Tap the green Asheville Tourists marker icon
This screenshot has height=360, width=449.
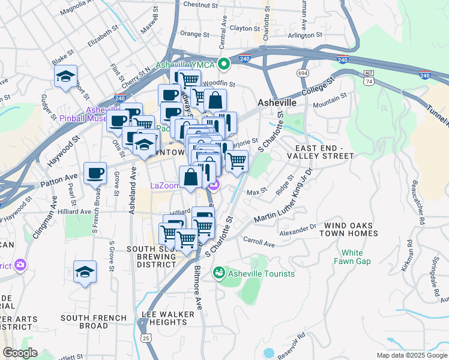[218, 274]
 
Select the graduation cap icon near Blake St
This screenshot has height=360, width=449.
[66, 77]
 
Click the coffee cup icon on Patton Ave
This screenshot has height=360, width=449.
[95, 173]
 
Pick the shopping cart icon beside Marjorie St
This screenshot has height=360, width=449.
[237, 160]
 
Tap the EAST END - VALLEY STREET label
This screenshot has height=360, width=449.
[324, 152]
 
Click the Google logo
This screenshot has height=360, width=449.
[20, 352]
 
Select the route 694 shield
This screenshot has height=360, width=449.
[302, 73]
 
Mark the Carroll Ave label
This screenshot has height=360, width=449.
[259, 241]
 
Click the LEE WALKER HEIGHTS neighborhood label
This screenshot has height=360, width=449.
[168, 318]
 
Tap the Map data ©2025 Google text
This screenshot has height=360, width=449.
[411, 355]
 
